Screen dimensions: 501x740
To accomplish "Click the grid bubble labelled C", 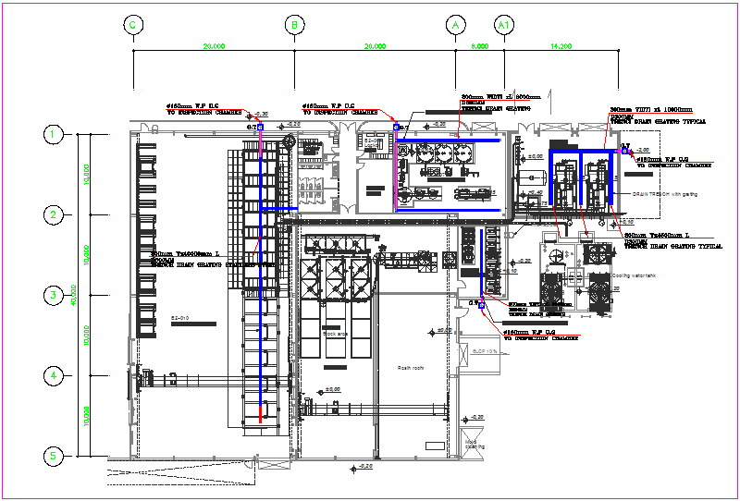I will point(133,26).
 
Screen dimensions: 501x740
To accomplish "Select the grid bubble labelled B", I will point(294,26).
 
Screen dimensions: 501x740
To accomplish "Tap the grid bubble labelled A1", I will point(504,26).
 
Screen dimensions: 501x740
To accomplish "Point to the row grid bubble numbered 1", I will point(54,135).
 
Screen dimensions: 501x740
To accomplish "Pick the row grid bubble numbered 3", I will point(54,296).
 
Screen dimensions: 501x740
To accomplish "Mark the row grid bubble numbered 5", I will point(54,456).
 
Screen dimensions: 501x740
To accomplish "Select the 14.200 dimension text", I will point(561,45).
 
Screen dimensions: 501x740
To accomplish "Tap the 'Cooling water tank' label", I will point(634,275).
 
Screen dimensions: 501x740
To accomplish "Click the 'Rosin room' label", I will point(411,367).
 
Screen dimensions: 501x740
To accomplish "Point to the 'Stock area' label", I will point(335,333).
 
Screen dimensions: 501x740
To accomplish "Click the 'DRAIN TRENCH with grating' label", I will point(662,194).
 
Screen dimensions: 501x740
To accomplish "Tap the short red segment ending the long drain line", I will point(260,412).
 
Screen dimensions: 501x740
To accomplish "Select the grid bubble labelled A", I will point(455,26).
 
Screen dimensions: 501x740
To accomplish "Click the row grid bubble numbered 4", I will point(54,375).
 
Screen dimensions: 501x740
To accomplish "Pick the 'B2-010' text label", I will point(179,319).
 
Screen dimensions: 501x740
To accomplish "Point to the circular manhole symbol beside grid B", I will point(290,142).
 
